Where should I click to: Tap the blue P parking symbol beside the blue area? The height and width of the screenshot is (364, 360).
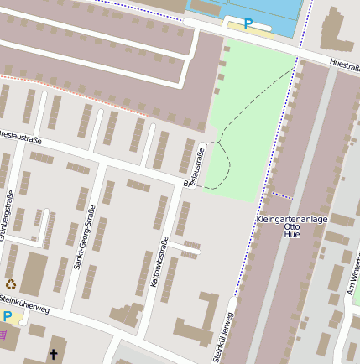point(248,24)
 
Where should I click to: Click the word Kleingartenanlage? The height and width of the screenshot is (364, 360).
point(291,219)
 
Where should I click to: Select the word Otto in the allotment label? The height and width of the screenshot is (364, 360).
point(292,227)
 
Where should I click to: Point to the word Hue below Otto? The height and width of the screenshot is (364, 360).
point(292,237)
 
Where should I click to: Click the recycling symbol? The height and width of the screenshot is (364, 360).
point(11,284)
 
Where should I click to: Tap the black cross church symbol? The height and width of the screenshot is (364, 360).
point(54,355)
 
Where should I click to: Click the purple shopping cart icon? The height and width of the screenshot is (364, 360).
point(4,334)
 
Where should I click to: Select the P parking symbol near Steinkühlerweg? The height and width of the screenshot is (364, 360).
point(8,317)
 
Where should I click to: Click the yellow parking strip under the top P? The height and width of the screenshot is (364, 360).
point(251,32)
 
